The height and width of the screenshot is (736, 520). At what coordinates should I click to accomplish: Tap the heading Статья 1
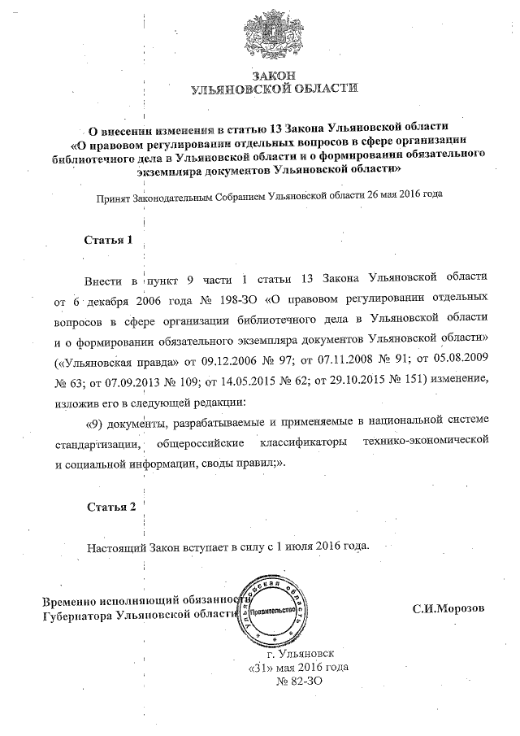pos(108,241)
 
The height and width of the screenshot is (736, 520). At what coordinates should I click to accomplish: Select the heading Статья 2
pos(111,507)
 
